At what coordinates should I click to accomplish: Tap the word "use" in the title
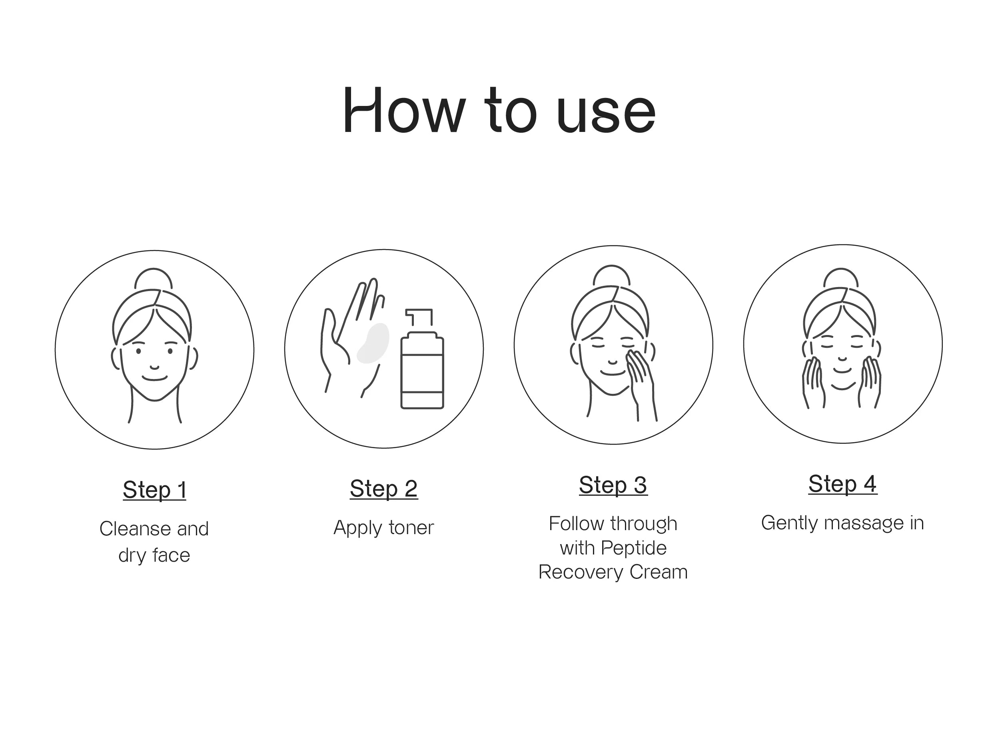(x=606, y=113)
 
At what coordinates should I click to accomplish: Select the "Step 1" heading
(x=155, y=490)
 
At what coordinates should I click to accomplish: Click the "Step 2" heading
(x=384, y=488)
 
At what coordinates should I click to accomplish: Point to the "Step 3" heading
(x=613, y=485)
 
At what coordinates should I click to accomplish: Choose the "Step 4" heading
(x=843, y=484)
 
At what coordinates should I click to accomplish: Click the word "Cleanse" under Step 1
(x=135, y=529)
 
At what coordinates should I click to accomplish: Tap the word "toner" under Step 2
(x=411, y=528)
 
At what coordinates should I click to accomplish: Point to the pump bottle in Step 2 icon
(x=422, y=359)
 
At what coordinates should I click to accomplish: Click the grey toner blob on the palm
(x=373, y=343)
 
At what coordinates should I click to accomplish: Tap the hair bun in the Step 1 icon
(x=154, y=278)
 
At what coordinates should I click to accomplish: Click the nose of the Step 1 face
(x=155, y=367)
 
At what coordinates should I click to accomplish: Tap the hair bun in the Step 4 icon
(x=841, y=277)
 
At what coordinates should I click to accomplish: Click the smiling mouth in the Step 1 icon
(x=155, y=378)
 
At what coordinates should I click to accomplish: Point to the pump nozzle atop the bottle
(x=419, y=317)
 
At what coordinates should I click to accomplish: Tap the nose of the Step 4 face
(x=842, y=359)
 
